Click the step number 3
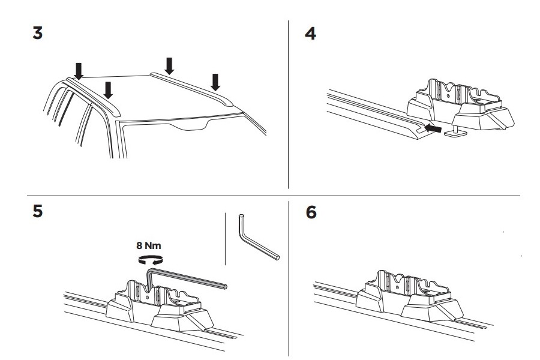37,34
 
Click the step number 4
310,34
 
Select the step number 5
37,212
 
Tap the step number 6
311,212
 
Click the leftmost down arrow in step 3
79,68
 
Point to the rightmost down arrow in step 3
215,80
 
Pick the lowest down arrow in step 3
108,91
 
